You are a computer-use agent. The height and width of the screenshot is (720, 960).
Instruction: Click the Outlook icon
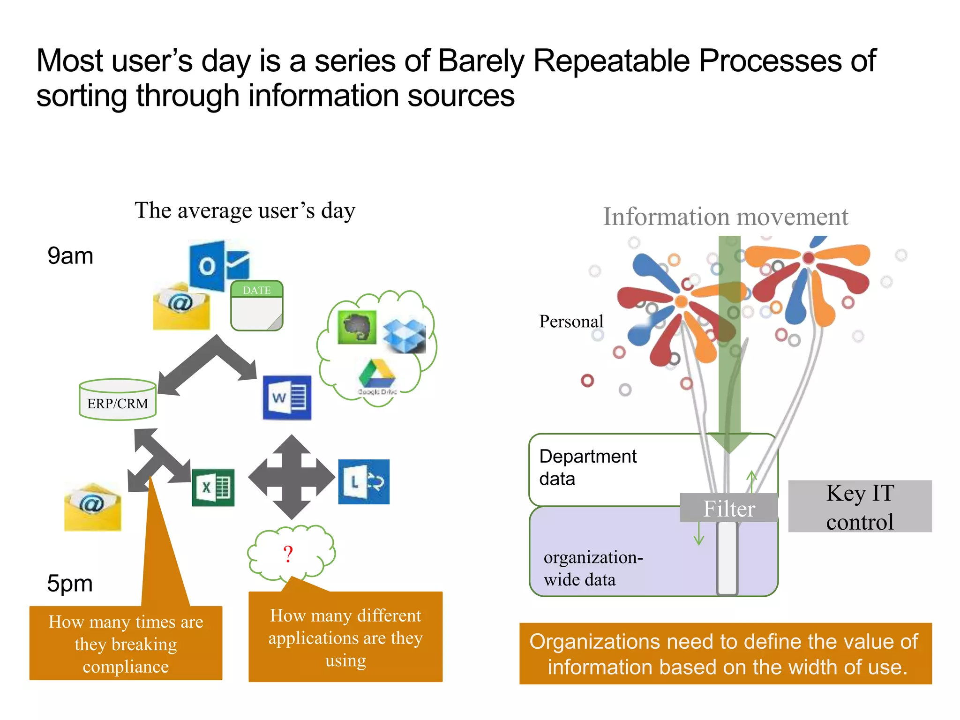(x=219, y=266)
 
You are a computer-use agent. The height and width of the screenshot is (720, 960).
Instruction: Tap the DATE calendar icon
(x=257, y=306)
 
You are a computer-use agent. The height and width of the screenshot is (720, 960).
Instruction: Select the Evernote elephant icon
(x=357, y=327)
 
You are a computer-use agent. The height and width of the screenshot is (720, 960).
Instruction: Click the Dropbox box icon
(x=404, y=336)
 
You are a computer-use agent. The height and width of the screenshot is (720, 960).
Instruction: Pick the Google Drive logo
(x=377, y=375)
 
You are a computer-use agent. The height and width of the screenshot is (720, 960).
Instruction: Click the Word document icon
(x=287, y=397)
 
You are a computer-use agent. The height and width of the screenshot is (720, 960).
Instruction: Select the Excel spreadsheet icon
(x=213, y=487)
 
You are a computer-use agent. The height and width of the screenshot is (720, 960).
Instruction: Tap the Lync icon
(x=364, y=482)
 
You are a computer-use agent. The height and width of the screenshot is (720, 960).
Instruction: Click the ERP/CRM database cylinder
(x=118, y=400)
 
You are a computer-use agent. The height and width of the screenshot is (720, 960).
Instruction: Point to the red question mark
(x=288, y=555)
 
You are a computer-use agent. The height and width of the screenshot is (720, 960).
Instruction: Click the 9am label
(x=70, y=256)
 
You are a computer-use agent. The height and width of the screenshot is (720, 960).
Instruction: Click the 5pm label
(x=70, y=584)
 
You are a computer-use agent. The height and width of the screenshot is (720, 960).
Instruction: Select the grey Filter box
(x=729, y=508)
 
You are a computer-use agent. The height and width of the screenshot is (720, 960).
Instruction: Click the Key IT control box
(x=860, y=507)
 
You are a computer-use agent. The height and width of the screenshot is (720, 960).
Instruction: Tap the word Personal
(x=571, y=322)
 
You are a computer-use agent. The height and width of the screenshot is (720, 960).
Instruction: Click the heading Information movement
(x=725, y=217)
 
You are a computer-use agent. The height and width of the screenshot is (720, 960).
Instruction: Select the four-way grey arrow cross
(x=292, y=477)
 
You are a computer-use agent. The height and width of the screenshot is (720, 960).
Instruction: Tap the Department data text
(x=587, y=467)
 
